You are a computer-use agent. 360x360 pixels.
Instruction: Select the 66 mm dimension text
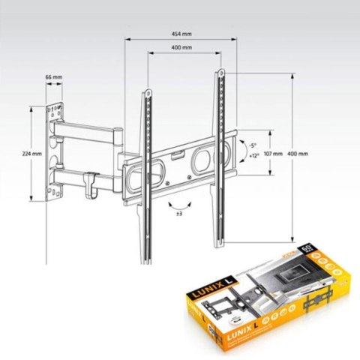(52, 77)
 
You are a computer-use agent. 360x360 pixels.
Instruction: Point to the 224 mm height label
(31, 153)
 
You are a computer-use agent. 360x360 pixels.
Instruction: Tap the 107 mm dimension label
(271, 153)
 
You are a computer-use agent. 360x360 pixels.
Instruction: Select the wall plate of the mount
(52, 154)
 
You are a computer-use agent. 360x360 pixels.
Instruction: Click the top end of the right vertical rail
(223, 73)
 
